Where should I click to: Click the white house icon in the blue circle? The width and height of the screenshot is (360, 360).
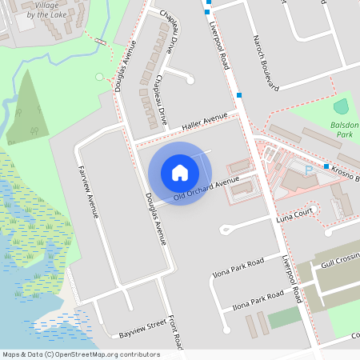coord(180,173)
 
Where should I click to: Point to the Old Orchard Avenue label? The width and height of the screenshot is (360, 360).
coord(206,189)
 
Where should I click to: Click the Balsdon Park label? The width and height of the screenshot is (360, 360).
coord(345,130)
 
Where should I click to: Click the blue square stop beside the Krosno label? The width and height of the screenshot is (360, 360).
coord(326,166)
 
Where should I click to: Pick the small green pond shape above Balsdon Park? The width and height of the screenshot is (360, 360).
coord(342,106)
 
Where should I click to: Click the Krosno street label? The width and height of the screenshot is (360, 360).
coord(345,175)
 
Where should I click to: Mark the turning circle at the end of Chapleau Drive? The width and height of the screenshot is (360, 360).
coord(190,79)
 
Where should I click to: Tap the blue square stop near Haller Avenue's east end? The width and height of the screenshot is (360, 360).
coord(239,95)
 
